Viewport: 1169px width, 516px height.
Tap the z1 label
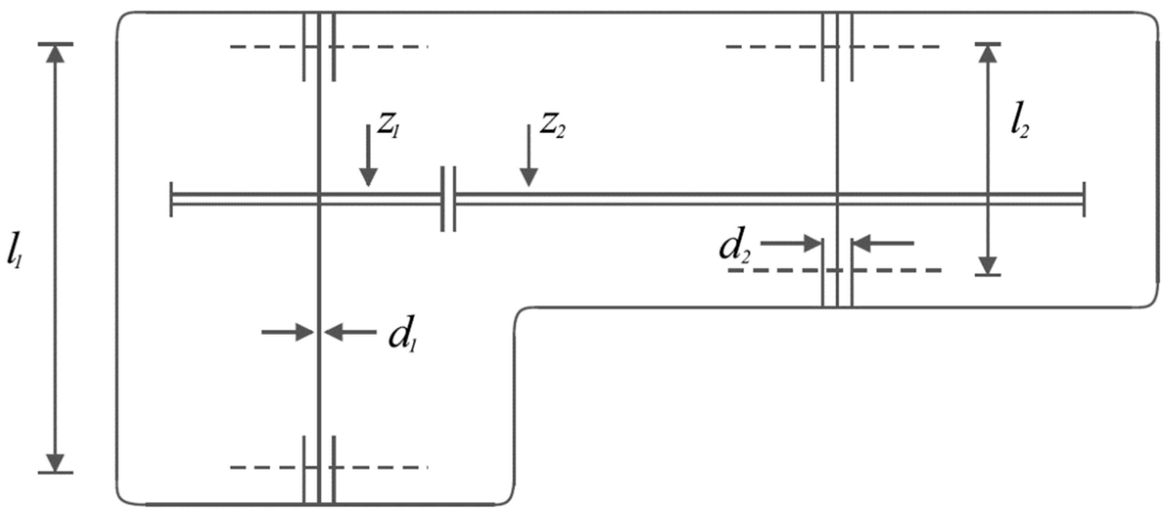click(x=388, y=126)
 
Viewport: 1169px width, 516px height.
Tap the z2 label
click(x=552, y=126)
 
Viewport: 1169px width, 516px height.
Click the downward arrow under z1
click(x=368, y=156)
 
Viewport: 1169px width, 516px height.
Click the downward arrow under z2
click(x=529, y=156)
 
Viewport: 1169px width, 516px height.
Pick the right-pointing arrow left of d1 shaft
click(x=288, y=332)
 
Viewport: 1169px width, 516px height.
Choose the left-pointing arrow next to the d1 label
click(x=350, y=332)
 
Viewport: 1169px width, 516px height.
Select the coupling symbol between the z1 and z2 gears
click(x=448, y=199)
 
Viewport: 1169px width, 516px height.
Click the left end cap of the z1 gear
click(x=171, y=199)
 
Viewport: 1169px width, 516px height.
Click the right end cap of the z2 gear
click(x=1084, y=199)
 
